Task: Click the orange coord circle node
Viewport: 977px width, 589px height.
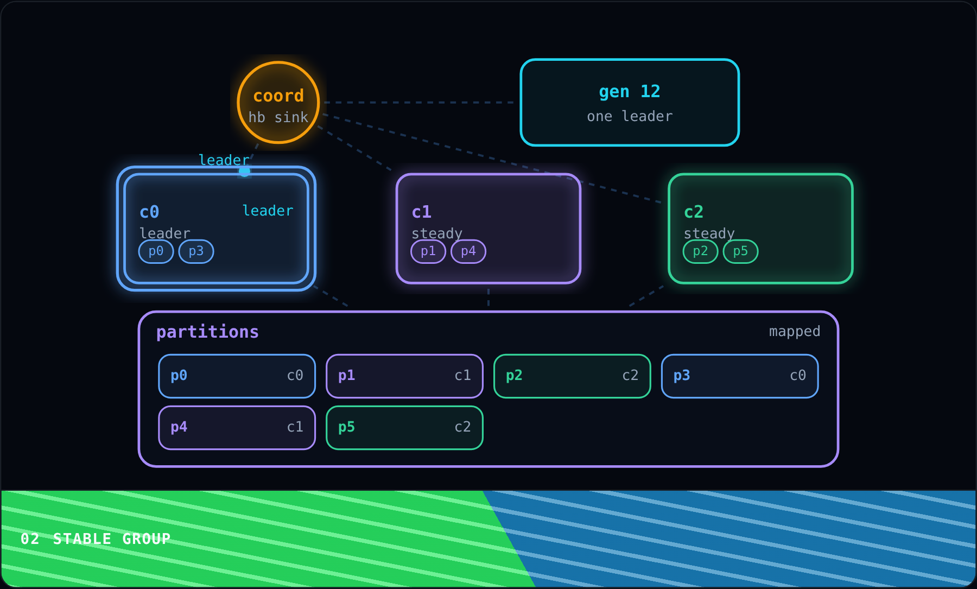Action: coord(278,103)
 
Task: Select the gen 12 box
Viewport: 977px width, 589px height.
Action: coord(630,103)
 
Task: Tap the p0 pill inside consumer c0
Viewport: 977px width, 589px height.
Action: coord(156,251)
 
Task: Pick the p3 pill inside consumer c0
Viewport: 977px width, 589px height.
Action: coord(196,251)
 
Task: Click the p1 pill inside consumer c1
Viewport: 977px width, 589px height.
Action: coord(428,251)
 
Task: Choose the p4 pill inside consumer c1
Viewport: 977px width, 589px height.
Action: coord(468,251)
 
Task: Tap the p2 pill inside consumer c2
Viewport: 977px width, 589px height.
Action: coord(701,251)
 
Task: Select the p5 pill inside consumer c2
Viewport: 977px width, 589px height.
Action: coord(740,251)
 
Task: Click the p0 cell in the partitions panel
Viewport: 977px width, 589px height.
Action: coord(237,376)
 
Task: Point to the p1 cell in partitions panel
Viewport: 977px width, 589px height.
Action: coord(404,376)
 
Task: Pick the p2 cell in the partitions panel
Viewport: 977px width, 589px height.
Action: coord(572,376)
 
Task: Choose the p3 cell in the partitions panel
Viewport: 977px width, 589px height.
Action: coord(740,376)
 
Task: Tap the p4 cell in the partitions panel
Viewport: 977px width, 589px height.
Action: coord(237,428)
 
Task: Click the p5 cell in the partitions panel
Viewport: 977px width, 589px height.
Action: coord(404,428)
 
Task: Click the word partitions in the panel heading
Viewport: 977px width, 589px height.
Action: coord(207,332)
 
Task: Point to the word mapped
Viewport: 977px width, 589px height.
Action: coord(795,331)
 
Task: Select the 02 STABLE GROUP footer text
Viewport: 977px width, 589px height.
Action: coord(96,539)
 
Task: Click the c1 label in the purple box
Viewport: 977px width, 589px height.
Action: coord(422,212)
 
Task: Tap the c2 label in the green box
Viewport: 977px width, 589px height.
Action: coord(694,212)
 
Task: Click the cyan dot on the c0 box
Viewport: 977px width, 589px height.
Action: coord(245,172)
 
